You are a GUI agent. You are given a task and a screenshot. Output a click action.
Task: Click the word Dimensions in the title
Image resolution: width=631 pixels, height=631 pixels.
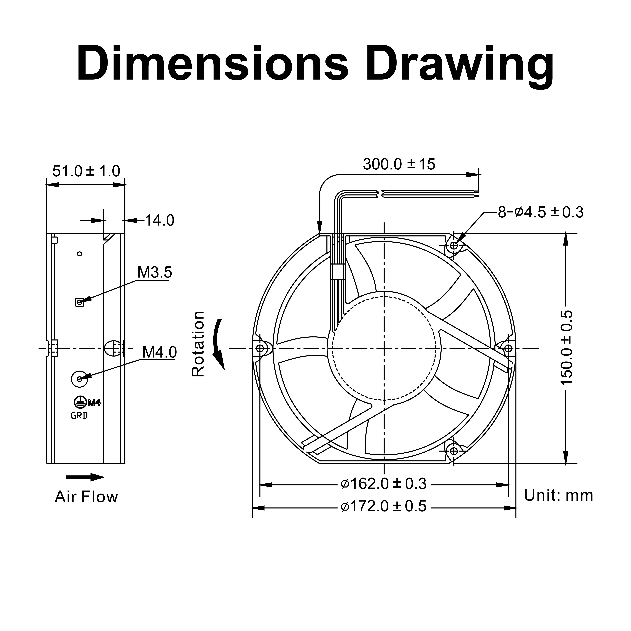(212, 64)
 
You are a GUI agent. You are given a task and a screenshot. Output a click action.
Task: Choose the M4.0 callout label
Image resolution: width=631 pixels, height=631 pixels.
(159, 352)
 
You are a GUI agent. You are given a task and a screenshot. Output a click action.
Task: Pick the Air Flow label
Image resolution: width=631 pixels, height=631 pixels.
(86, 497)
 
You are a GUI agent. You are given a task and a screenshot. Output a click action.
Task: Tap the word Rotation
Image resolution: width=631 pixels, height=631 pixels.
(198, 344)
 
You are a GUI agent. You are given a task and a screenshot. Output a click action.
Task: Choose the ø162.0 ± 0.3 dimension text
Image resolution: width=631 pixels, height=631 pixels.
(383, 484)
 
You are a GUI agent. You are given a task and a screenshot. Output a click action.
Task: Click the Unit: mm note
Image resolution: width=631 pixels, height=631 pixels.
(558, 495)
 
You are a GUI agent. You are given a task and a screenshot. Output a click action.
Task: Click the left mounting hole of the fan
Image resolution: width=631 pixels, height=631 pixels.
(260, 348)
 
